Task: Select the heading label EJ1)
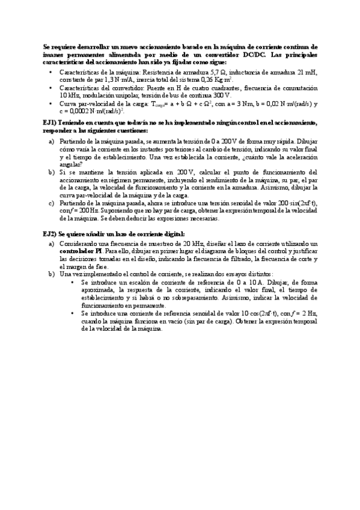pyautogui.click(x=50, y=123)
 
